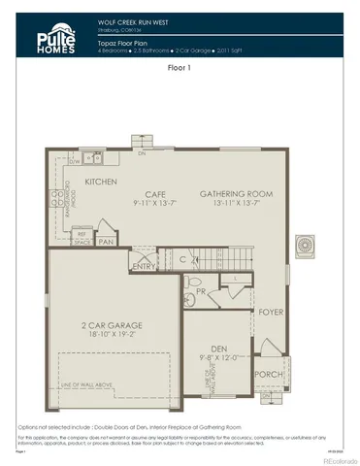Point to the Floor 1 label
[180, 69]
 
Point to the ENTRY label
[144, 266]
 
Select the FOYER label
[269, 313]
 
